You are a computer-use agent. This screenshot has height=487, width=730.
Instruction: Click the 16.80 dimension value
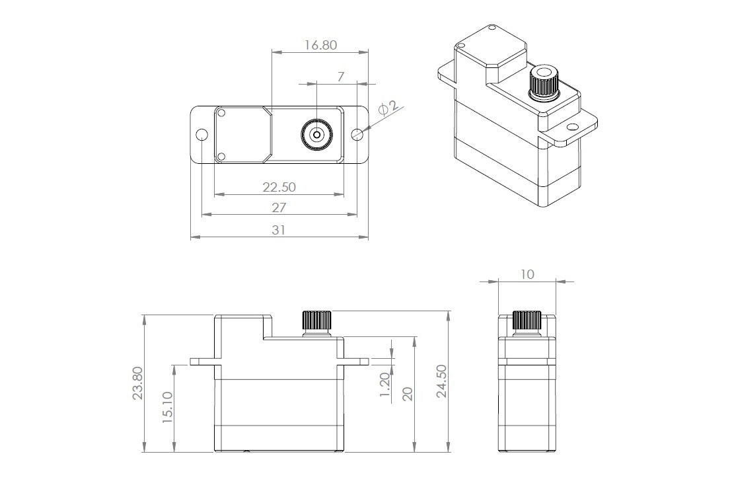pos(320,45)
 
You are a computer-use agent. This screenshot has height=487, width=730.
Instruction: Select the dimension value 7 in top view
pos(340,77)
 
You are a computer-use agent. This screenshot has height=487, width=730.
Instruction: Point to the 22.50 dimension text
pos(279,187)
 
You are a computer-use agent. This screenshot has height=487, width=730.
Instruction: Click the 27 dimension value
pos(279,207)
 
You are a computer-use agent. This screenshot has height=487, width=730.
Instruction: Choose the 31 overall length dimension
pos(279,229)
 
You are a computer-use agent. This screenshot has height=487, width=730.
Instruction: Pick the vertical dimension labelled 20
pos(408,394)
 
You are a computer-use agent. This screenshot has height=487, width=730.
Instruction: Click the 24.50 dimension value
pos(441,381)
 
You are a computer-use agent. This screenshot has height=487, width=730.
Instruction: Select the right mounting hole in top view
pos(357,135)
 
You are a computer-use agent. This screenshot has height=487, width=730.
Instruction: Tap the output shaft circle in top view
pos(316,135)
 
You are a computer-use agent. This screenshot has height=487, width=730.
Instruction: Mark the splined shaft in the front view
pos(316,320)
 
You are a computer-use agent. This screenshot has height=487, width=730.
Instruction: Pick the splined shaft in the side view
pos(527,320)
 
